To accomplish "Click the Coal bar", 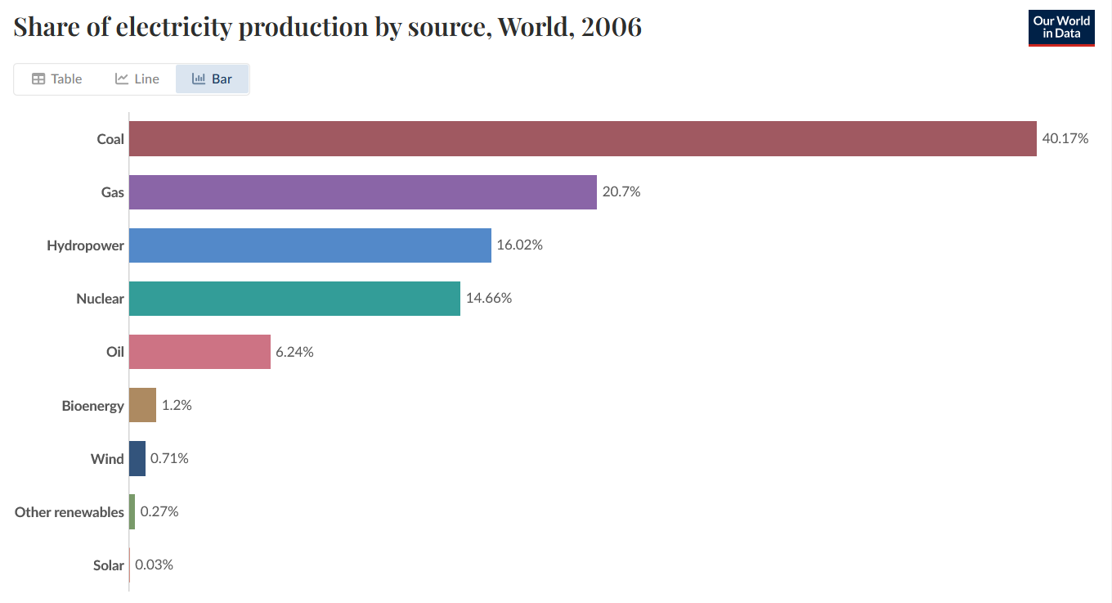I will [x=582, y=138].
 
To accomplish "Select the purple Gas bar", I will [x=362, y=192].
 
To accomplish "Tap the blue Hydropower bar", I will [x=310, y=245].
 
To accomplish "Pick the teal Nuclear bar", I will [x=294, y=299].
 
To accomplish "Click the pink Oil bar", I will [x=200, y=352].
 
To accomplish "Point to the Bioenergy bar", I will [x=142, y=405].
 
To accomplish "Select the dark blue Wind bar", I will [x=137, y=459].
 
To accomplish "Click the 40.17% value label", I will [x=1065, y=138].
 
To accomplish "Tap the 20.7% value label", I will [x=621, y=192].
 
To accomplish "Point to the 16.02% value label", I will [x=519, y=245].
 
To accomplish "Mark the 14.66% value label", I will [x=488, y=298].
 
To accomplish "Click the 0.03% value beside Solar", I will [x=154, y=565].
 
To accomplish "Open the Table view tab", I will [x=57, y=79].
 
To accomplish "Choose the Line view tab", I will [x=137, y=79].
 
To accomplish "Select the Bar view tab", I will [x=212, y=79].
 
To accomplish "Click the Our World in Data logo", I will [x=1060, y=28].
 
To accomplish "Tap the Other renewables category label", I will [x=69, y=512].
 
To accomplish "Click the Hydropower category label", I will [x=85, y=245].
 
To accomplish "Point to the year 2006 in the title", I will [x=611, y=27].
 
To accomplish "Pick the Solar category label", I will [x=108, y=565].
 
